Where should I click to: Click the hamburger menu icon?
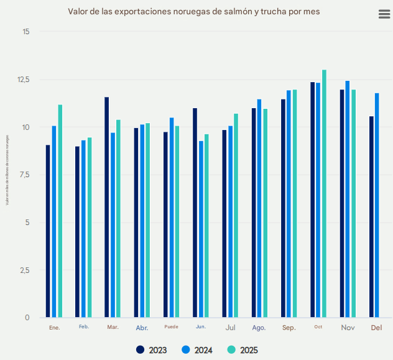[x=384, y=15]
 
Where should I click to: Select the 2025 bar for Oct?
[x=324, y=193]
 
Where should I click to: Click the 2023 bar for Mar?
[x=107, y=207]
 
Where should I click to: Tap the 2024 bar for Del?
[x=377, y=205]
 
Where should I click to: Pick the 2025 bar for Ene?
[x=60, y=211]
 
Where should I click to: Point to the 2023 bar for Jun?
[x=195, y=213]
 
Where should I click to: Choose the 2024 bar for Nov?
[x=348, y=199]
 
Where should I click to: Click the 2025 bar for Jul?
[x=236, y=215]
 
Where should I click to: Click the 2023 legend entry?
[x=152, y=350]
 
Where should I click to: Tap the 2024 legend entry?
[x=197, y=350]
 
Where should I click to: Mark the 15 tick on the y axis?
[x=25, y=32]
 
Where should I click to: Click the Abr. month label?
[x=142, y=328]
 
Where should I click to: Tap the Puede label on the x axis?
[x=171, y=327]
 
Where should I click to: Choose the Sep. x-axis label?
[x=289, y=328]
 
